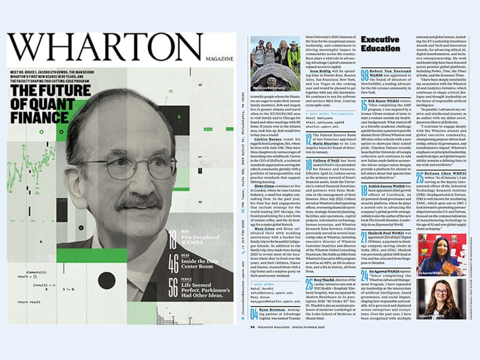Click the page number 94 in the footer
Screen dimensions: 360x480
253,327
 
